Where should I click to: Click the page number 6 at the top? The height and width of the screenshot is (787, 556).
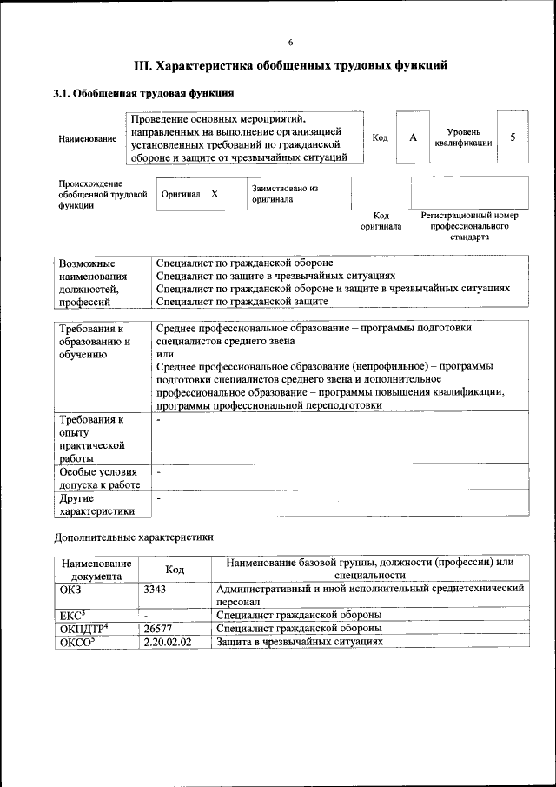pos(290,43)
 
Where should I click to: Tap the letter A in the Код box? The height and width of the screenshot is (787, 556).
pos(413,137)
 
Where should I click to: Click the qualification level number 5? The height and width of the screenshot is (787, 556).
pos(513,137)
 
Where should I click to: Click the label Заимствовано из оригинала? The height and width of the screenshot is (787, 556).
pos(285,193)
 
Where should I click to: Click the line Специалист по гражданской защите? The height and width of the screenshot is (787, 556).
pos(242,301)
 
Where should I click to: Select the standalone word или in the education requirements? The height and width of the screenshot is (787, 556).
pos(164,354)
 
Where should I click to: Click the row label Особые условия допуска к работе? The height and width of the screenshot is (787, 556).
pos(99,477)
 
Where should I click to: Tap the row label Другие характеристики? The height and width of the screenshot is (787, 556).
pos(96,505)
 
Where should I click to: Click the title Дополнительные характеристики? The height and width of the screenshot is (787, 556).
pos(133,537)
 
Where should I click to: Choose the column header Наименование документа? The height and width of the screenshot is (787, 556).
pos(96,569)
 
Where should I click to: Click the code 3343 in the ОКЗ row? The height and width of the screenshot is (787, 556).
pos(155,589)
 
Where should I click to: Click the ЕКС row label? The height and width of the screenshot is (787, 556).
pos(73,615)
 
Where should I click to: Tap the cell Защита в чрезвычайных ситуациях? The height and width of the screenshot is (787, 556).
pos(299,641)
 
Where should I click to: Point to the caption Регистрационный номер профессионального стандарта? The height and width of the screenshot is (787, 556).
pos(469,225)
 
